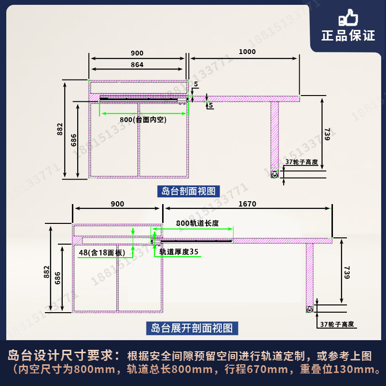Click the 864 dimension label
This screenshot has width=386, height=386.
pos(137,65)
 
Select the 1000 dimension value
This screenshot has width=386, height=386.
pos(247,52)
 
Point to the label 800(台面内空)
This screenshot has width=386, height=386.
pos(143,120)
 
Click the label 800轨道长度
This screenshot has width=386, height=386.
pos(197,223)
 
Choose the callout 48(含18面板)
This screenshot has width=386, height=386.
pos(102,252)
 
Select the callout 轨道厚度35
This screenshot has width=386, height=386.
pos(179,251)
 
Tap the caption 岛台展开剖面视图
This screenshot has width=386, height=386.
pos(192,329)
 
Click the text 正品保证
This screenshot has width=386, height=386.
pos(348,35)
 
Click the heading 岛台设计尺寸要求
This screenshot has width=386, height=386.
pos(63,356)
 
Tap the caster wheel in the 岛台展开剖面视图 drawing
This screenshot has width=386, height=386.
pos(309,309)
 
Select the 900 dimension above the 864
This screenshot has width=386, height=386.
pos(137,53)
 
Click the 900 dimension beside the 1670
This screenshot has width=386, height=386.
pos(117,204)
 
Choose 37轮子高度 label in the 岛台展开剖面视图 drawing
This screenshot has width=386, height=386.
pos(337,324)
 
